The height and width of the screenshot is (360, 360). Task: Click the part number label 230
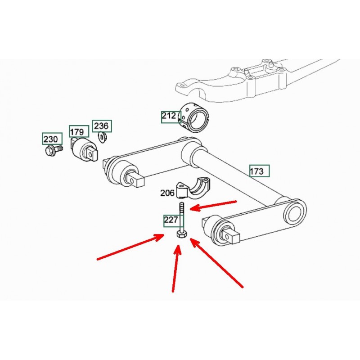pyautogui.click(x=51, y=139)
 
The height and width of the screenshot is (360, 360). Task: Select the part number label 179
pyautogui.click(x=77, y=132)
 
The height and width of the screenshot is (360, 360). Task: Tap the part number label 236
pyautogui.click(x=102, y=126)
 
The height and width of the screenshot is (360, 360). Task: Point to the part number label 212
pyautogui.click(x=169, y=116)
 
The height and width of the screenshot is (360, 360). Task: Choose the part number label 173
pyautogui.click(x=256, y=171)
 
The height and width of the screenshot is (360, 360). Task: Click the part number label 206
pyautogui.click(x=167, y=193)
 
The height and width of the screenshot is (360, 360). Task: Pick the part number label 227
pyautogui.click(x=171, y=220)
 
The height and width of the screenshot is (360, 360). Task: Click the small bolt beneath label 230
pyautogui.click(x=53, y=150)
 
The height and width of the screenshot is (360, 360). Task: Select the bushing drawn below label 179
pyautogui.click(x=84, y=150)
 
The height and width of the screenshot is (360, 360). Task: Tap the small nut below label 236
pyautogui.click(x=102, y=137)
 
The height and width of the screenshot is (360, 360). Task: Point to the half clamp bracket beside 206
pyautogui.click(x=193, y=188)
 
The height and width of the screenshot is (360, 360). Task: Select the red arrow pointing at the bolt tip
pyautogui.click(x=213, y=206)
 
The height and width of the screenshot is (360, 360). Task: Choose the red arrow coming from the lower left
pyautogui.click(x=130, y=247)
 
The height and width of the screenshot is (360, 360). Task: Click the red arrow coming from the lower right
pyautogui.click(x=216, y=263)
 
